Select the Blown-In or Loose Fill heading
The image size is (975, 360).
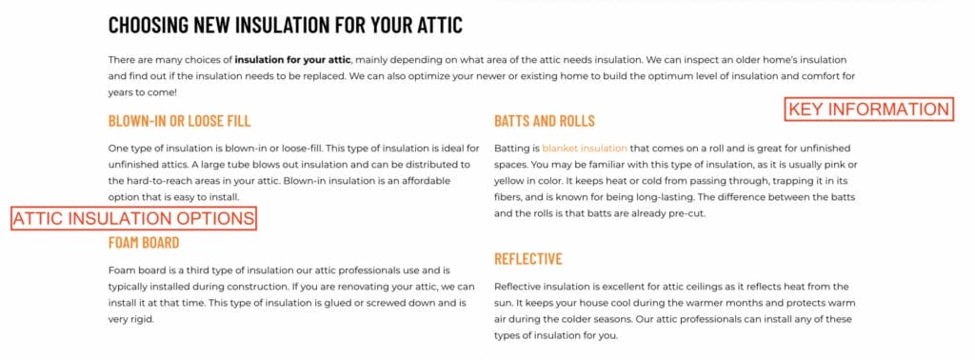180,121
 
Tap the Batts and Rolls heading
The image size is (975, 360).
544,121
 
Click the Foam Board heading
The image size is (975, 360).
144,242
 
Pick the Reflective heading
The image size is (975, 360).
528,259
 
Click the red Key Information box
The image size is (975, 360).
869,110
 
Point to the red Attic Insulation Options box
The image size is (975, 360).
133,219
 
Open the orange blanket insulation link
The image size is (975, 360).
585,149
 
